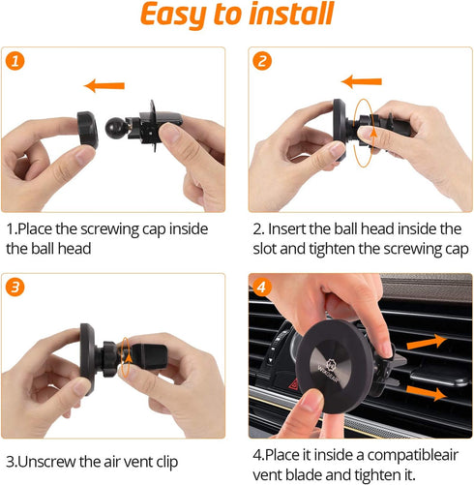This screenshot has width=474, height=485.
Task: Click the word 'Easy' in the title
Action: pyautogui.click(x=176, y=16)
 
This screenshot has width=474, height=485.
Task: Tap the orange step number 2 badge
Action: pyautogui.click(x=261, y=61)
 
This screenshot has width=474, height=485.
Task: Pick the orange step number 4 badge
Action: pyautogui.click(x=261, y=287)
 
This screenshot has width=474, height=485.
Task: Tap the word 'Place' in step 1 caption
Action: pyautogui.click(x=38, y=228)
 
